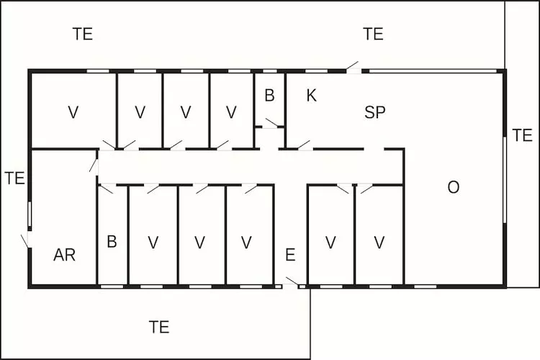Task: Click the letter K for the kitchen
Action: pos(311,96)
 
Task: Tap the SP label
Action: pos(374,112)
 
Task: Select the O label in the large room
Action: pos(453,187)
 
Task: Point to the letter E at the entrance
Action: pos(290,255)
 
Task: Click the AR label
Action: pos(64,255)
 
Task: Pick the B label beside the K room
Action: pos(270,96)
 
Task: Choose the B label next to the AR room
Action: pos(112,241)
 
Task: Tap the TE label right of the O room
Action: pos(523,135)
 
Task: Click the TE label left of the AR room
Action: pos(15,178)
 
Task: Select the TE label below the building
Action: pos(159,327)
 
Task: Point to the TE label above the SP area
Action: pos(373,34)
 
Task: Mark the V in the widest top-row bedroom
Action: pos(73,112)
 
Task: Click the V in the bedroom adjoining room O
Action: pos(379,243)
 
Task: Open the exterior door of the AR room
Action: pos(26,240)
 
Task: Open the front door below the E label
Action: pos(292,282)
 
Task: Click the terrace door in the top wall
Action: pos(354,68)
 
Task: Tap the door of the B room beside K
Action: pos(271,123)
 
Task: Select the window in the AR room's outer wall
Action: pos(30,214)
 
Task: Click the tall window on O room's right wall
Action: pos(505,180)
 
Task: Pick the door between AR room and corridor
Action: pos(94,166)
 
